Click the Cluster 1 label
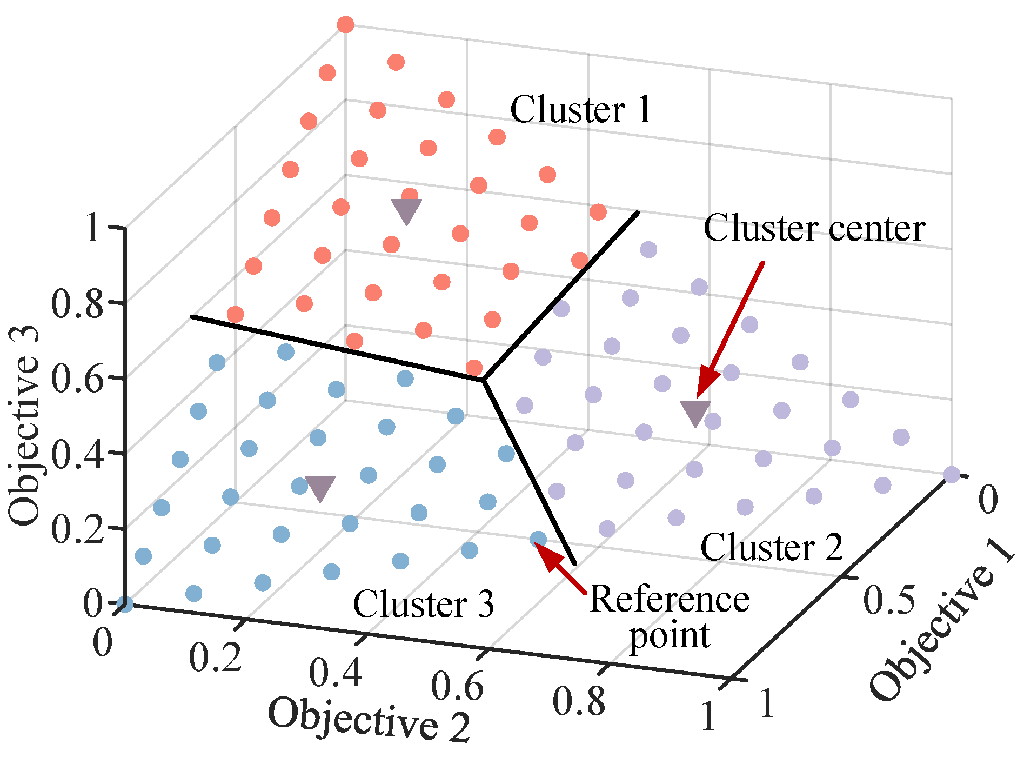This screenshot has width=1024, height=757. click(x=581, y=110)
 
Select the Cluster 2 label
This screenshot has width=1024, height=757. click(x=771, y=547)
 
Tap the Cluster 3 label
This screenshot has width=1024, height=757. click(x=423, y=603)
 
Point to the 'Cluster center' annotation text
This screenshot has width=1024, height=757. click(x=814, y=228)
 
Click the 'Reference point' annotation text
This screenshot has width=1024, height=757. click(x=670, y=617)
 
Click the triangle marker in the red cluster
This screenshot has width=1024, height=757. click(x=406, y=210)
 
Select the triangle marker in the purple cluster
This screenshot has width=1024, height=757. click(x=695, y=413)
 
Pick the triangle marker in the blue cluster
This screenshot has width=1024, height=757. click(x=320, y=488)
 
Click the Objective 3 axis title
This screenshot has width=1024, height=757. click(x=24, y=424)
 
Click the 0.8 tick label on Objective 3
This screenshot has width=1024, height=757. click(x=77, y=304)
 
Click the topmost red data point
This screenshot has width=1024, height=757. click(x=346, y=24)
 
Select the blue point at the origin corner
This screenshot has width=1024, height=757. click(x=125, y=604)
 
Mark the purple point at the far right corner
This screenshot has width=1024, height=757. click(x=952, y=475)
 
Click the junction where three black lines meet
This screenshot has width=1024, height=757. click(x=484, y=380)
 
